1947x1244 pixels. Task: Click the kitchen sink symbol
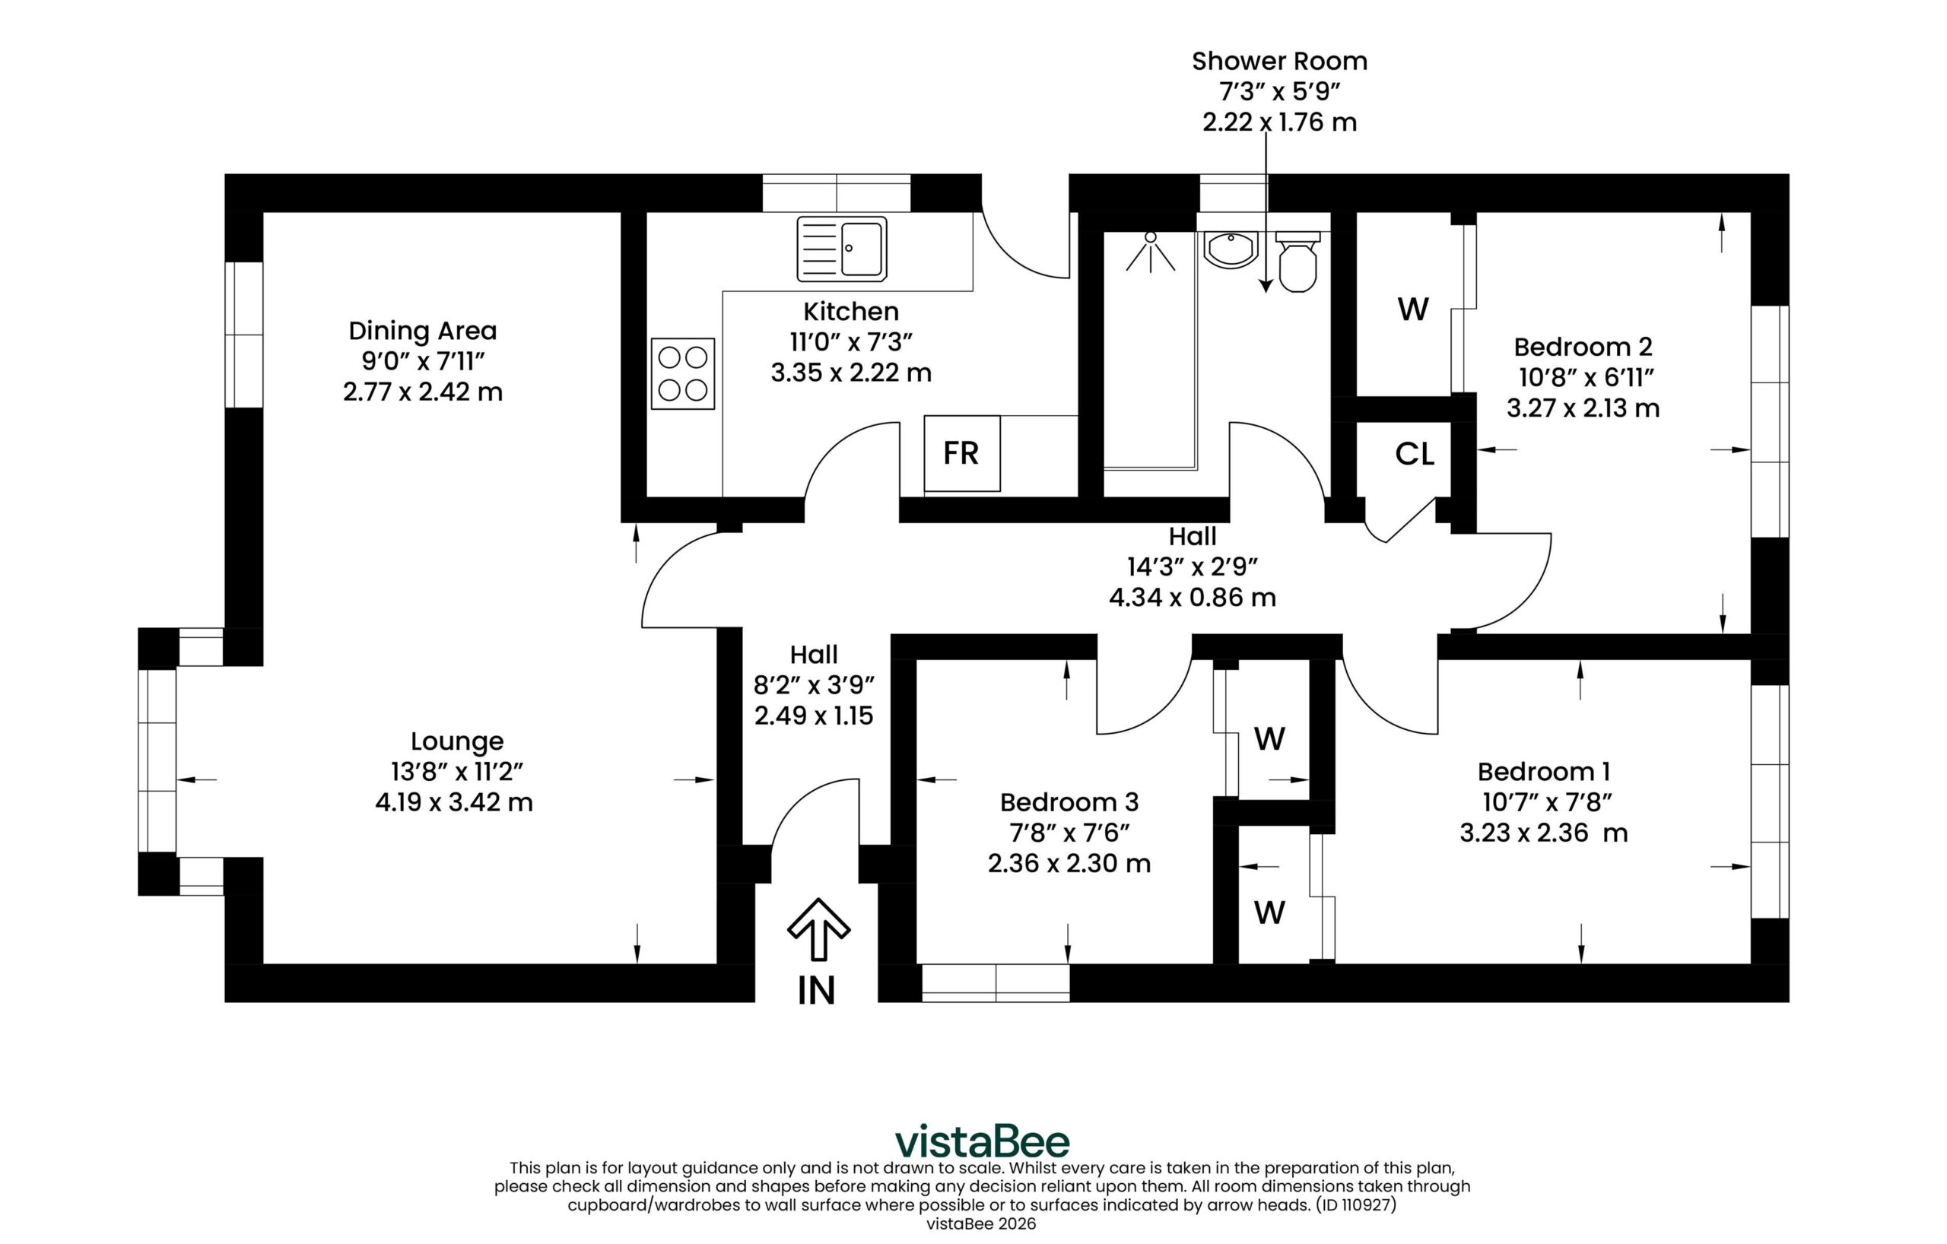pyautogui.click(x=842, y=248)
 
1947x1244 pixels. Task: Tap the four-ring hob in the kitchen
pyautogui.click(x=682, y=373)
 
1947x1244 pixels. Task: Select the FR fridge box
pyautogui.click(x=962, y=453)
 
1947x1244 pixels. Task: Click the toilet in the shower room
pyautogui.click(x=1297, y=261)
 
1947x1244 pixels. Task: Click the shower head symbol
pyautogui.click(x=1151, y=252)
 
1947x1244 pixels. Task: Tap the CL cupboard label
pyautogui.click(x=1415, y=454)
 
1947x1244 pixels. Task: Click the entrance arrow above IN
pyautogui.click(x=818, y=928)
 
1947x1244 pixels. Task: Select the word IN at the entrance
pyautogui.click(x=817, y=990)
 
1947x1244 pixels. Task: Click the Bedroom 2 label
pyautogui.click(x=1583, y=347)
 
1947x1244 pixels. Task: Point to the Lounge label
pyautogui.click(x=457, y=741)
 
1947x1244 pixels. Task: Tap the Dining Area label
pyautogui.click(x=422, y=331)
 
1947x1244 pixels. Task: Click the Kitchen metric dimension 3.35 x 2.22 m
pyautogui.click(x=850, y=373)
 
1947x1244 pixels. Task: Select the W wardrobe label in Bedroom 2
pyautogui.click(x=1413, y=309)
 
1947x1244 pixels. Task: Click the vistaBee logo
pyautogui.click(x=983, y=1141)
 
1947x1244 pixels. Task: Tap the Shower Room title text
pyautogui.click(x=1279, y=61)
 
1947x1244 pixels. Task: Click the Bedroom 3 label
pyautogui.click(x=1069, y=802)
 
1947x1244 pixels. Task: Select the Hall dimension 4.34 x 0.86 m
pyautogui.click(x=1193, y=598)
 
